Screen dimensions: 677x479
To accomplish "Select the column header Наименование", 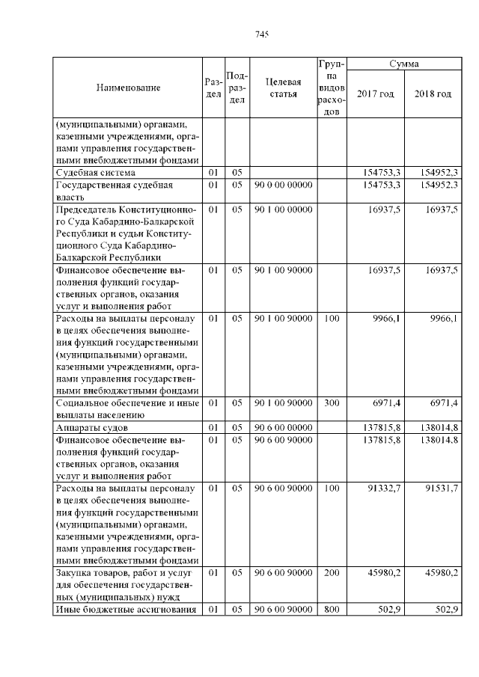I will tap(128, 88).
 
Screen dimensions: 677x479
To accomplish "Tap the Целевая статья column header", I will tap(283, 88).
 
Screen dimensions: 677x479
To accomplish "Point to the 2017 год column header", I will tap(376, 94).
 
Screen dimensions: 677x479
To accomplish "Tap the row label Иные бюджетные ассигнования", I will tap(126, 610).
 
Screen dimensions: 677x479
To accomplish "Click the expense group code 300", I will tap(332, 403).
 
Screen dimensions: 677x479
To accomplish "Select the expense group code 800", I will tap(332, 610).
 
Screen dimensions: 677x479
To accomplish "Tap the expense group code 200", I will tap(332, 573).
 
